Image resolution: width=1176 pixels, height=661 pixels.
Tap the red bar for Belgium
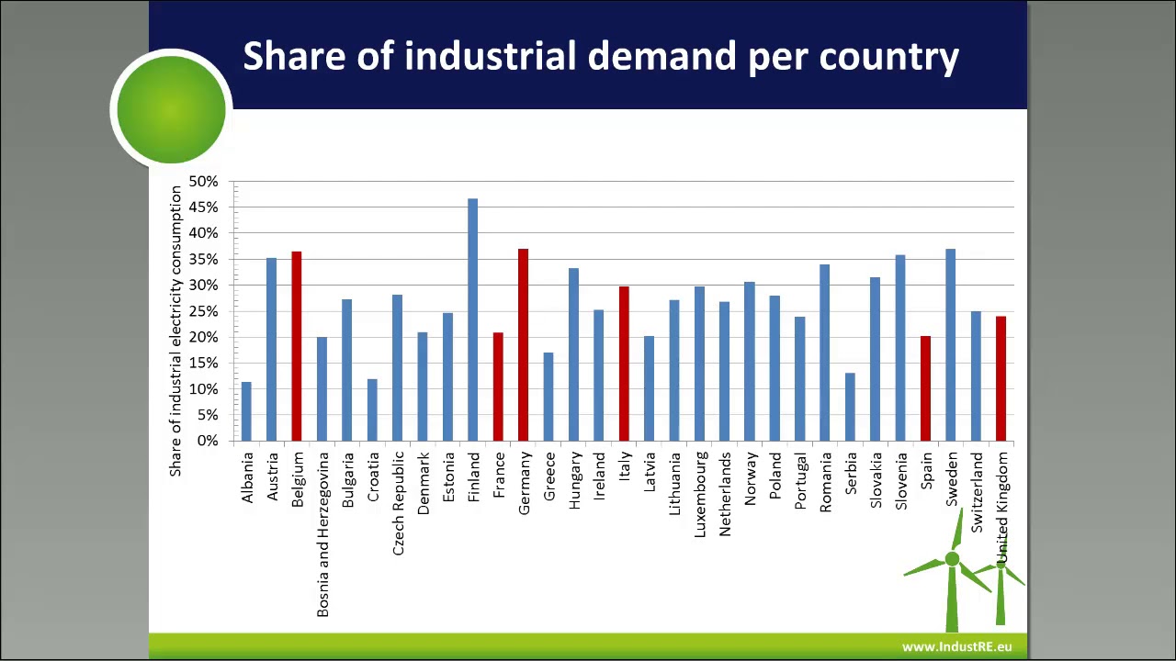297,346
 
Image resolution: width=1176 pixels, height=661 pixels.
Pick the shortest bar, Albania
246,411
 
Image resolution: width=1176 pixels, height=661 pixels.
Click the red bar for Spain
925,388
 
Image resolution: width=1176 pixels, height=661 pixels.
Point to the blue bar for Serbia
850,407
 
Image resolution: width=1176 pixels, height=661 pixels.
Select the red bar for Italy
624,364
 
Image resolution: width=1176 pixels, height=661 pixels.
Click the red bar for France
498,387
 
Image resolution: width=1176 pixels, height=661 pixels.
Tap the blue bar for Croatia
372,409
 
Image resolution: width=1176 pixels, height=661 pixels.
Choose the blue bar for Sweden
951,344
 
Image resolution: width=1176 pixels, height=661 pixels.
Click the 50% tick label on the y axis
204,182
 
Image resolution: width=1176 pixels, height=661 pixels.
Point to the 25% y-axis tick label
204,312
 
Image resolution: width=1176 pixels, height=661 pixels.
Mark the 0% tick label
208,442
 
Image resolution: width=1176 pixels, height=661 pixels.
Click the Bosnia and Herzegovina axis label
322,534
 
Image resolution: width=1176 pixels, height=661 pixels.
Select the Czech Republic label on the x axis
398,503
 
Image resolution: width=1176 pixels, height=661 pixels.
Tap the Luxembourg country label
700,495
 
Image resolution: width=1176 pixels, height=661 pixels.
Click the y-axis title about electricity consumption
175,330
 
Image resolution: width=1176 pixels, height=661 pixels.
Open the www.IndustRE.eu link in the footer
956,646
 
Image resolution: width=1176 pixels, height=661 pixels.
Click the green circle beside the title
171,109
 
